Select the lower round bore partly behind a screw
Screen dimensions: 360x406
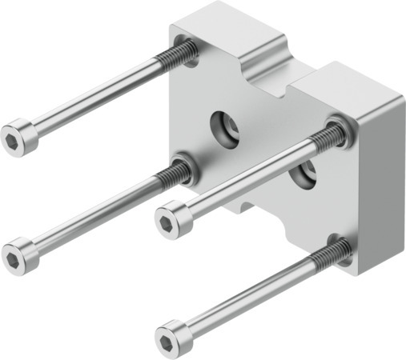pos(303,175)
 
